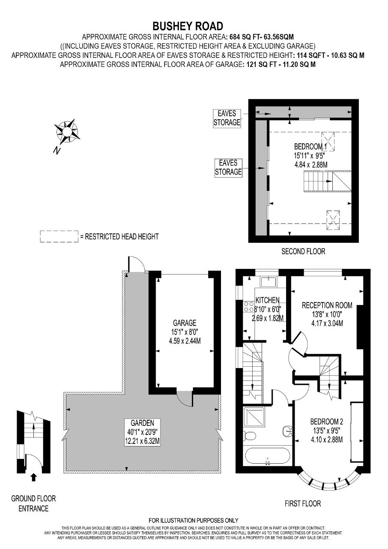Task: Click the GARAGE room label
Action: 185,323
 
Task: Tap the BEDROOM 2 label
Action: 327,422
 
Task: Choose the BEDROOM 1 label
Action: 310,147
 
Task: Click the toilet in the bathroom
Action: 250,435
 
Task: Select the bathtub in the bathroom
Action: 268,456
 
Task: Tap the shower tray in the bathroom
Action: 254,418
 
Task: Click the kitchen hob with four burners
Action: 248,307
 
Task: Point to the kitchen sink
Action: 269,282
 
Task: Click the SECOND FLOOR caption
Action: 303,251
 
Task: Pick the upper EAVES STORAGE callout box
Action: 227,118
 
